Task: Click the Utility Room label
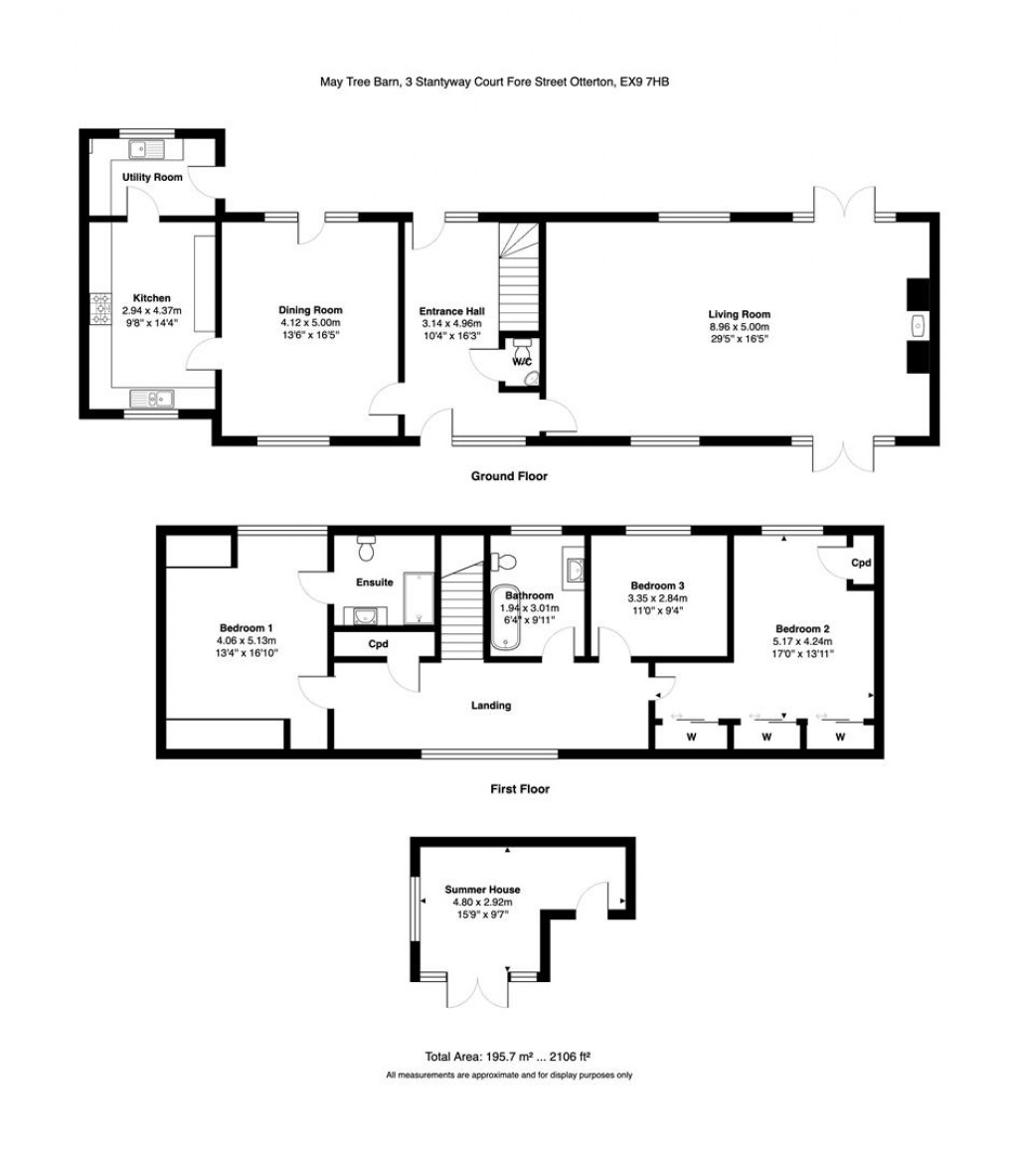tap(152, 177)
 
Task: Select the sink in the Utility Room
tap(147, 150)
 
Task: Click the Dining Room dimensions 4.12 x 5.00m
tap(310, 323)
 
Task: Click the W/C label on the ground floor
tap(522, 362)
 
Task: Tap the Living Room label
tap(739, 314)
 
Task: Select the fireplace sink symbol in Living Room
tap(918, 325)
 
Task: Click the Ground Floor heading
tap(509, 476)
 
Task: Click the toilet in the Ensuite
tap(365, 548)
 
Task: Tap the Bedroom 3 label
tap(657, 585)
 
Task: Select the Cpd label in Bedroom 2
tap(861, 563)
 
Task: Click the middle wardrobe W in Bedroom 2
tap(766, 738)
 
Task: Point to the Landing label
tap(491, 706)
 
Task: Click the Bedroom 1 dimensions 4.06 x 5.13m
tap(247, 641)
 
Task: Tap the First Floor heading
tap(520, 789)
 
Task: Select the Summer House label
tap(482, 890)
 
